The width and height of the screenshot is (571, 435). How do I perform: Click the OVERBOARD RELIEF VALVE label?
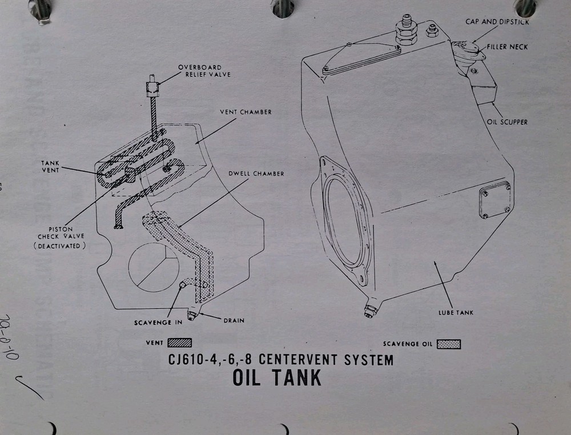click(200, 71)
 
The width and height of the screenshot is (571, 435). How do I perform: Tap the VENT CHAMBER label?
click(246, 112)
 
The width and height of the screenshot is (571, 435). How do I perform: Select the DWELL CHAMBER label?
click(256, 174)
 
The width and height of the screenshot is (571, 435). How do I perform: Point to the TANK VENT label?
click(50, 166)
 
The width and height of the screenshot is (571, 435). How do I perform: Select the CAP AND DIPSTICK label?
click(497, 22)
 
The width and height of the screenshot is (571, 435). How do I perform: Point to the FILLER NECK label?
click(508, 47)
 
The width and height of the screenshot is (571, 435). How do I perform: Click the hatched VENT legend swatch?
click(180, 343)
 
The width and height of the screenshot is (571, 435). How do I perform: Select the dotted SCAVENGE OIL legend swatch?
click(449, 344)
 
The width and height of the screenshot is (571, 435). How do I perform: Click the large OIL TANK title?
click(277, 378)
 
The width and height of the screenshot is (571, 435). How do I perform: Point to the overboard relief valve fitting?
click(152, 88)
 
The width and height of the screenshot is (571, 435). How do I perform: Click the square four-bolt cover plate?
click(494, 200)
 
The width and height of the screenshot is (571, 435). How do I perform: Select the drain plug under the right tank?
click(369, 312)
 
